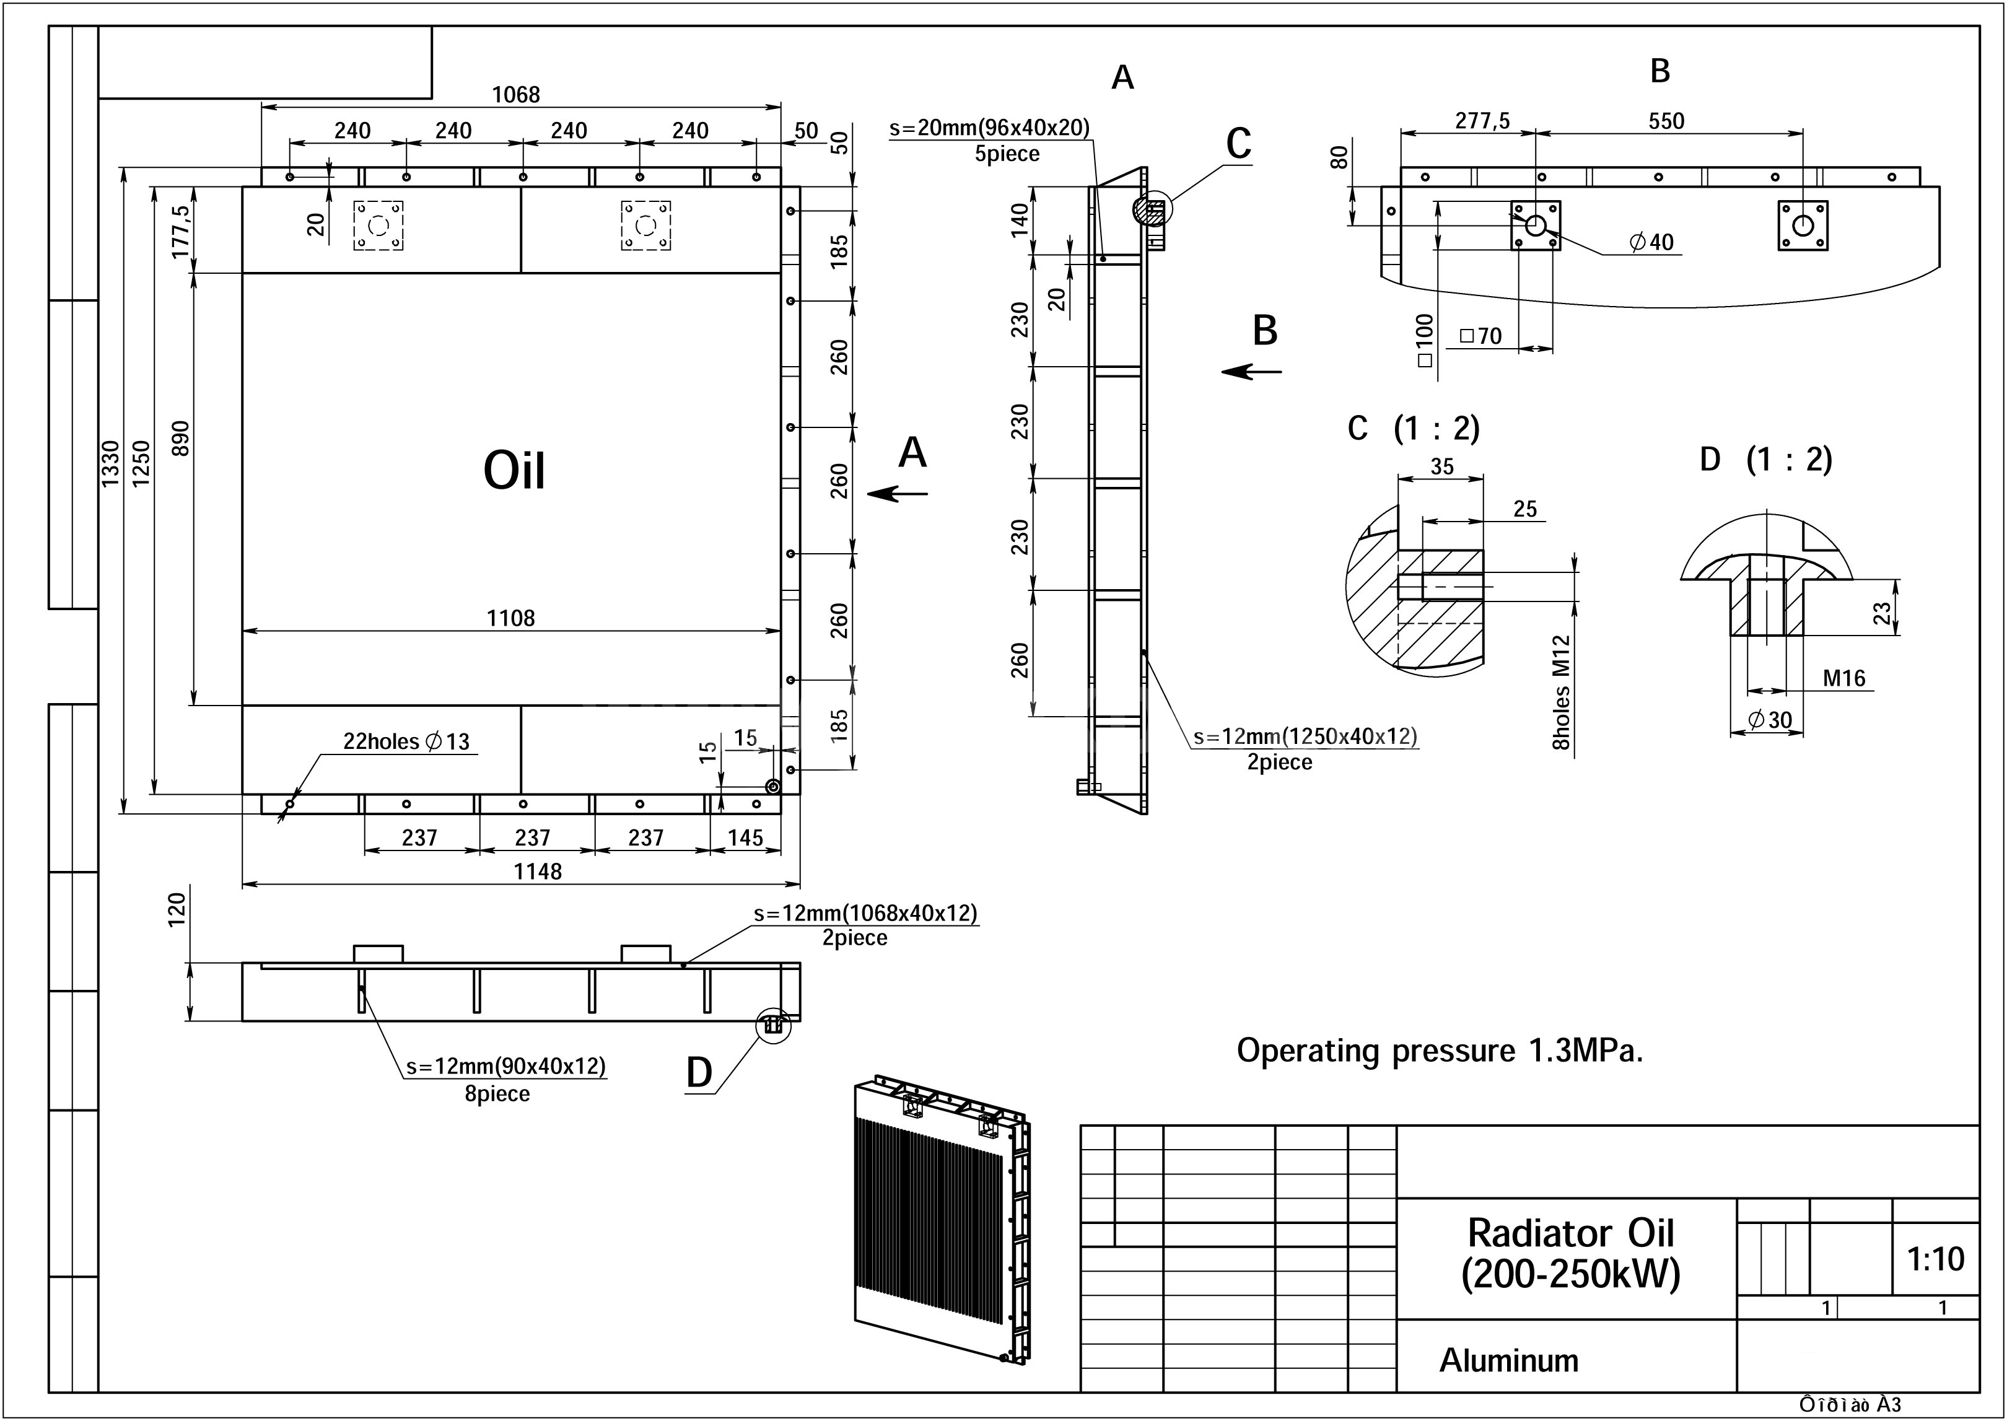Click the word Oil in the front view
tap(514, 471)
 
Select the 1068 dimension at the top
tap(516, 95)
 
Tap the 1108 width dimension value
tap(511, 619)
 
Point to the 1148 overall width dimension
tap(537, 872)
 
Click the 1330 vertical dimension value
tap(111, 464)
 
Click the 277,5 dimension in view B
tap(1482, 121)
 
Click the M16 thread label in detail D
tap(1844, 678)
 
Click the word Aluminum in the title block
tap(1509, 1361)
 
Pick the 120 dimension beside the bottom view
tap(178, 910)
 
